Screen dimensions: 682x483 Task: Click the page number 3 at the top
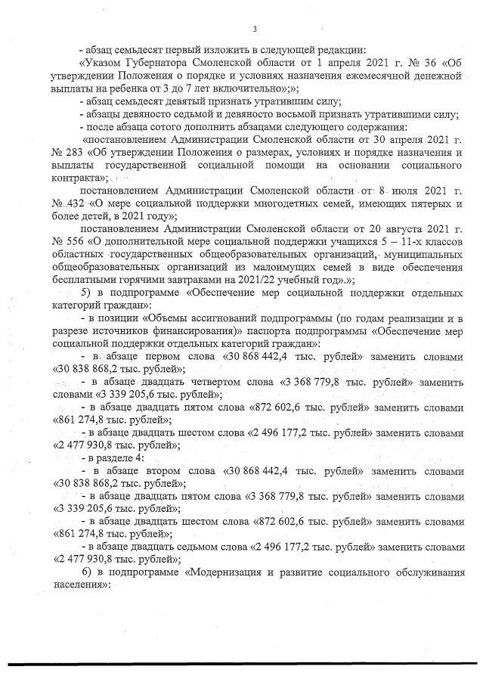click(255, 29)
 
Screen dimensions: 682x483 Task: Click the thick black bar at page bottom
click(241, 664)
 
